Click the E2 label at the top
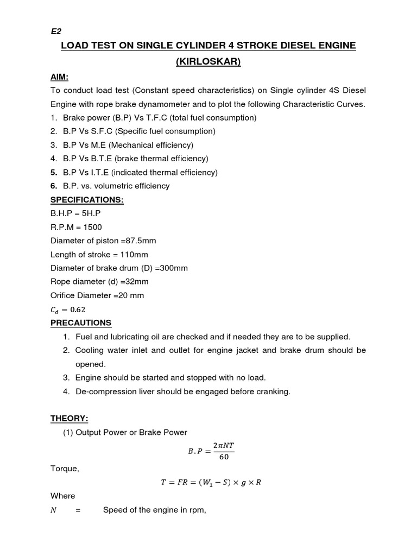(56, 31)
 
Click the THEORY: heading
(69, 419)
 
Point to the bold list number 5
(53, 172)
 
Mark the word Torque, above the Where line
(65, 469)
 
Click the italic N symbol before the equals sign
(53, 510)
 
